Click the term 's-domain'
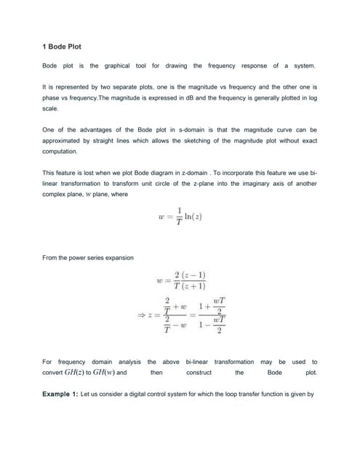click(x=170, y=130)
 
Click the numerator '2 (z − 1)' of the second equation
click(x=191, y=275)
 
